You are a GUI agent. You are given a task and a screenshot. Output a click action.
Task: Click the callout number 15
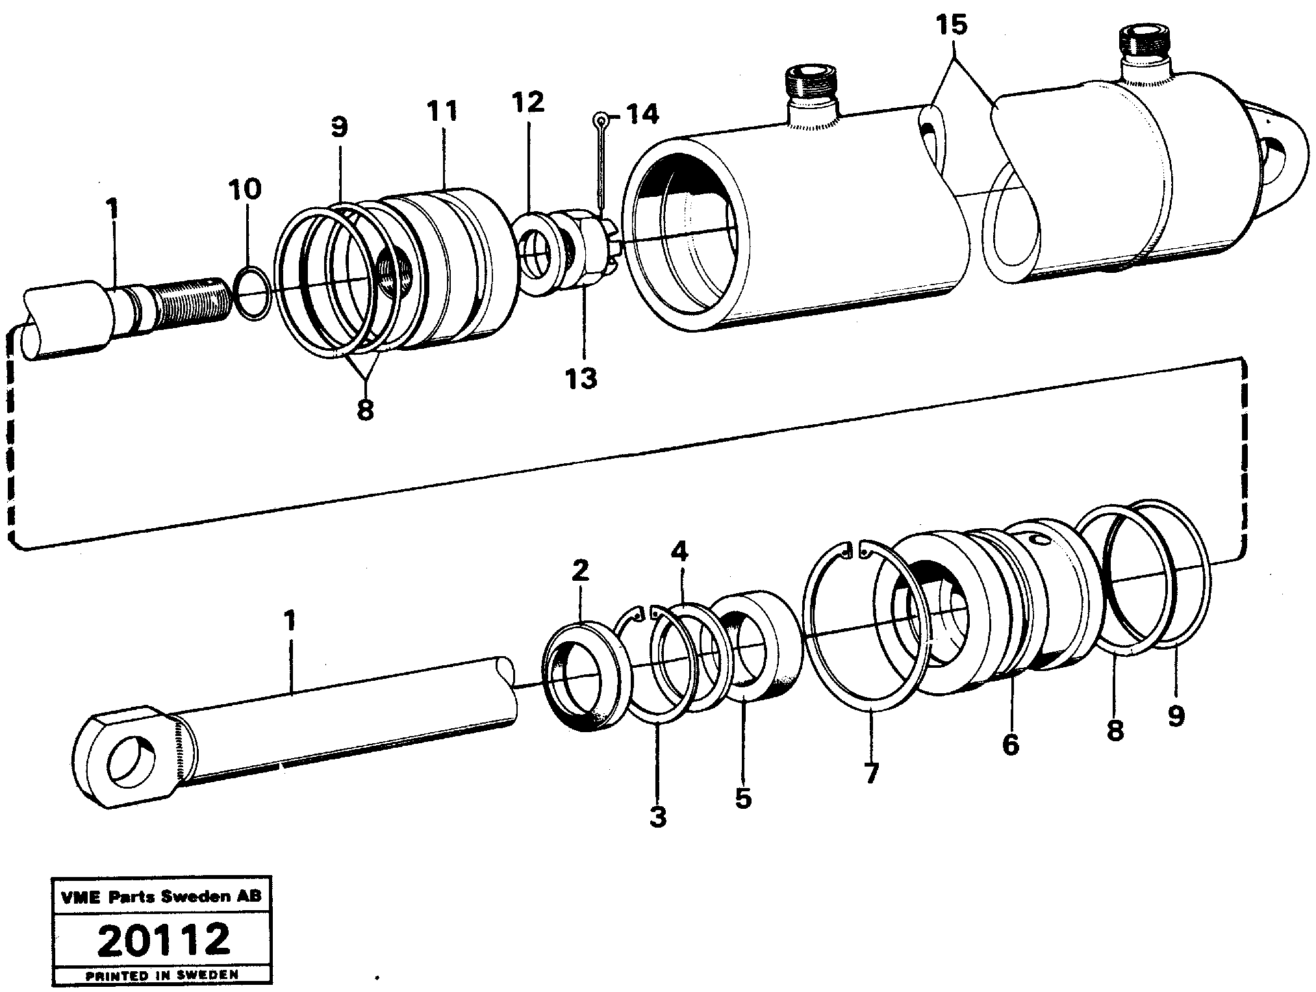[951, 27]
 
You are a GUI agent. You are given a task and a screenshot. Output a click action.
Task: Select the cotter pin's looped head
[601, 119]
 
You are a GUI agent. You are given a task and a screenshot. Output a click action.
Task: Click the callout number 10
[244, 190]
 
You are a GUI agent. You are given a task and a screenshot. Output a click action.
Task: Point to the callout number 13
[580, 377]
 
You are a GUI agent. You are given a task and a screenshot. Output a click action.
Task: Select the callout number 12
[527, 103]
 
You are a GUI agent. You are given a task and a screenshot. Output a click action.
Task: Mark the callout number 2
[580, 570]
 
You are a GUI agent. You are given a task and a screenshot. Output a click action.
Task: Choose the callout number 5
[742, 798]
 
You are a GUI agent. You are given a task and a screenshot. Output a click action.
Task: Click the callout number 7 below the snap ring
[870, 773]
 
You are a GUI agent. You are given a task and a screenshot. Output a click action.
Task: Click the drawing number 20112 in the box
[164, 940]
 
